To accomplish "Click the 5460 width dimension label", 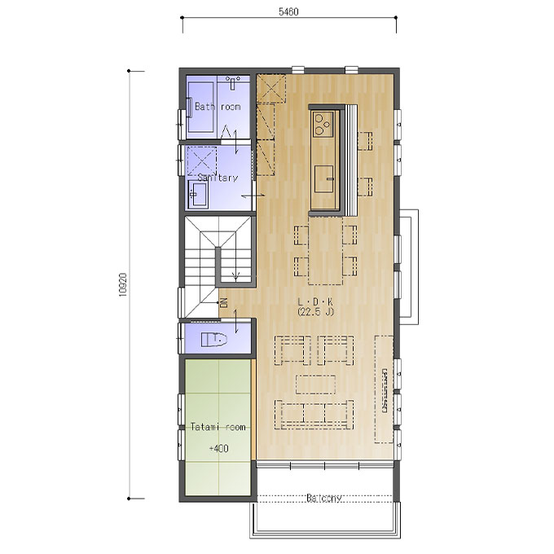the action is pos(288,11).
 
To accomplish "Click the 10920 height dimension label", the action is pos(122,285).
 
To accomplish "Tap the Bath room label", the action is pos(218,107).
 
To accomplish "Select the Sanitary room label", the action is pos(218,178).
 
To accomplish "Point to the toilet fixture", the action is pos(214,339).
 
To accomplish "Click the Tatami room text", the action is pos(218,427).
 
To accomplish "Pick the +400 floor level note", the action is pos(218,448).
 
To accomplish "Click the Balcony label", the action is pos(324,498).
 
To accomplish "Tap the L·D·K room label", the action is pos(315,301).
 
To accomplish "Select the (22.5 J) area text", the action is pos(315,311).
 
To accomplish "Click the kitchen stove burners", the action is pos(323,124).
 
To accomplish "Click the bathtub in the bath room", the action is pos(200,107).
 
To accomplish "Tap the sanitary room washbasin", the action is pos(198,195).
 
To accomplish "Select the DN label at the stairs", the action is pos(223,303).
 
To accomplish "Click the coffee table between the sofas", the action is pos(315,385).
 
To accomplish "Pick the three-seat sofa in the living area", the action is pos(314,415).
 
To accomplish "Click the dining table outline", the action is pos(325,250).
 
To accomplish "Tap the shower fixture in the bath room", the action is pos(232,82).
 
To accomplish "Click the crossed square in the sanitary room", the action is pos(201,161).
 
